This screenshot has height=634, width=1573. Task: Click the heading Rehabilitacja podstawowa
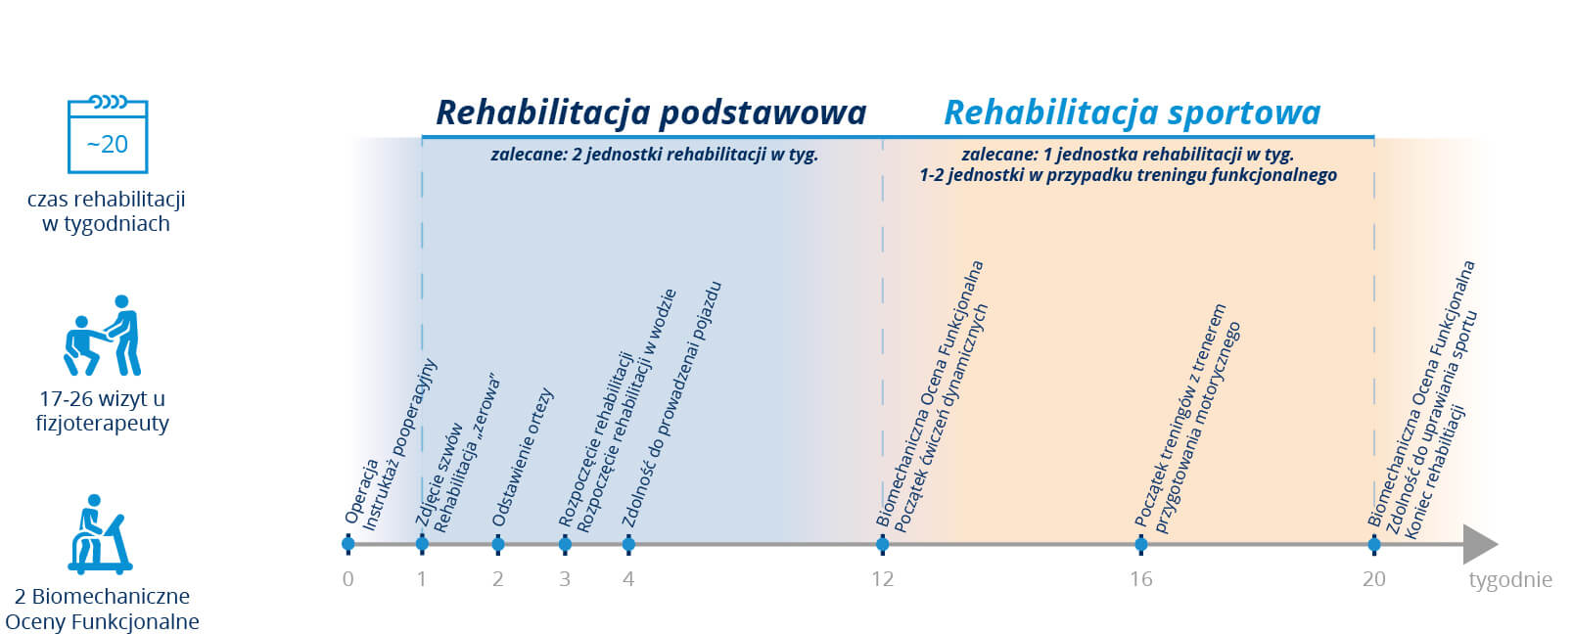pos(652,113)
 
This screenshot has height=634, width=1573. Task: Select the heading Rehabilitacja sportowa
pos(1132,113)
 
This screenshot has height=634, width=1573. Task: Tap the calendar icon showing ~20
pos(108,134)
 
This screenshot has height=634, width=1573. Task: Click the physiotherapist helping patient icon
pos(103,336)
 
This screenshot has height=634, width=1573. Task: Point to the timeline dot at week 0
pos(347,543)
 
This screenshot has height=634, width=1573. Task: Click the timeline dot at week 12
pos(883,543)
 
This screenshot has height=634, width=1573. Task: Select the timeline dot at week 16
pos(1141,543)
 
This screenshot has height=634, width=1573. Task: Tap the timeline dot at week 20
pos(1374,543)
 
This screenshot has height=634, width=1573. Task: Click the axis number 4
pos(628,579)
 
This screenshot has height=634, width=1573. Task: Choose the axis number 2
pos(498,579)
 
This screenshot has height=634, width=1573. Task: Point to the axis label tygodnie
pos(1510,580)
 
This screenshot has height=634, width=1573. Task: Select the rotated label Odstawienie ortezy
pos(523,457)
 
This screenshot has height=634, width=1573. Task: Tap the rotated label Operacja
pos(361,491)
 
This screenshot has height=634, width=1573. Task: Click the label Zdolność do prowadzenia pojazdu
pos(671,404)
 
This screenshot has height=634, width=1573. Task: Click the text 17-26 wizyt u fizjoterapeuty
pos(103,411)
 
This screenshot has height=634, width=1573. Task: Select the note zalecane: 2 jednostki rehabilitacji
pos(655,155)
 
